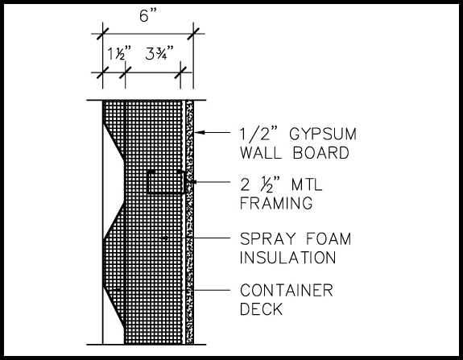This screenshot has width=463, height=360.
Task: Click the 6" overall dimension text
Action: (x=148, y=15)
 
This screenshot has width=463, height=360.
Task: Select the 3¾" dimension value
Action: (x=159, y=53)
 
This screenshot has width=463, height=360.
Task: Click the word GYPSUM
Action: (x=323, y=134)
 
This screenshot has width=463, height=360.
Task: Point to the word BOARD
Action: (x=321, y=153)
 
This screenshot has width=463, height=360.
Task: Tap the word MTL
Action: (x=307, y=184)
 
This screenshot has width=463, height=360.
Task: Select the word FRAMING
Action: (x=276, y=203)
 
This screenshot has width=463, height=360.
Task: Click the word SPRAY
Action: (x=268, y=238)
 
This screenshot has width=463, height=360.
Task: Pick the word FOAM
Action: (x=329, y=238)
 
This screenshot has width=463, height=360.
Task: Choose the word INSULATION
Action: (x=288, y=258)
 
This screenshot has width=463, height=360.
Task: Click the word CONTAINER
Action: (x=287, y=290)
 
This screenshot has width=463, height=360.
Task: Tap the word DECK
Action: (x=262, y=309)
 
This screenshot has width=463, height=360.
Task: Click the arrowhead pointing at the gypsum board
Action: (x=200, y=132)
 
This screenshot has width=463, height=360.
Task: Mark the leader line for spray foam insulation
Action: (x=197, y=238)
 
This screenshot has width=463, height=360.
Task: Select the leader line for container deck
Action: (x=174, y=290)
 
